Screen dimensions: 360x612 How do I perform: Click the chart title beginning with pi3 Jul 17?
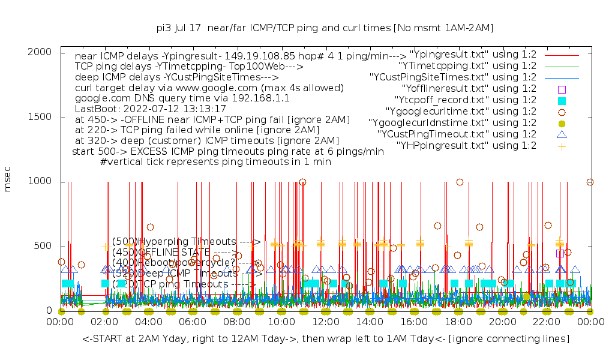[x=325, y=28]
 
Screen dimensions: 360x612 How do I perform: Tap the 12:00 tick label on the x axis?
[x=325, y=322]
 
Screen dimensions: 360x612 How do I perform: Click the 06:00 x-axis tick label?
[x=193, y=322]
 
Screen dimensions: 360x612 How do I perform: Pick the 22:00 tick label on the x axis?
[x=545, y=322]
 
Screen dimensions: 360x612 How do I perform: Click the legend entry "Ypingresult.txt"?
[x=472, y=55]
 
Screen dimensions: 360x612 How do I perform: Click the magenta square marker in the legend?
[x=562, y=89]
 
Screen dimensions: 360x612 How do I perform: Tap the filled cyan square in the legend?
[x=562, y=100]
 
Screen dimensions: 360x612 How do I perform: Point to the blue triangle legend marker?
[x=562, y=134]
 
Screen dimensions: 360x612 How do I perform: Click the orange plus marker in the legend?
[x=562, y=145]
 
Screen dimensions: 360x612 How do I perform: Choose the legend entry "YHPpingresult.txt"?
[x=466, y=145]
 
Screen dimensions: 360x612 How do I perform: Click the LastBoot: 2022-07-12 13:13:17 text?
[x=150, y=109]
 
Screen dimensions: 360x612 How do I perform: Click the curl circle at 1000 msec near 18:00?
[x=460, y=182]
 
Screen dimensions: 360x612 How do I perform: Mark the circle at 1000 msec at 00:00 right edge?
[x=590, y=182]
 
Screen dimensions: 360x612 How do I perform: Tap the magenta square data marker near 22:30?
[x=560, y=253]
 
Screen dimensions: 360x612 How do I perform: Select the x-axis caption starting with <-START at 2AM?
[x=326, y=340]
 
